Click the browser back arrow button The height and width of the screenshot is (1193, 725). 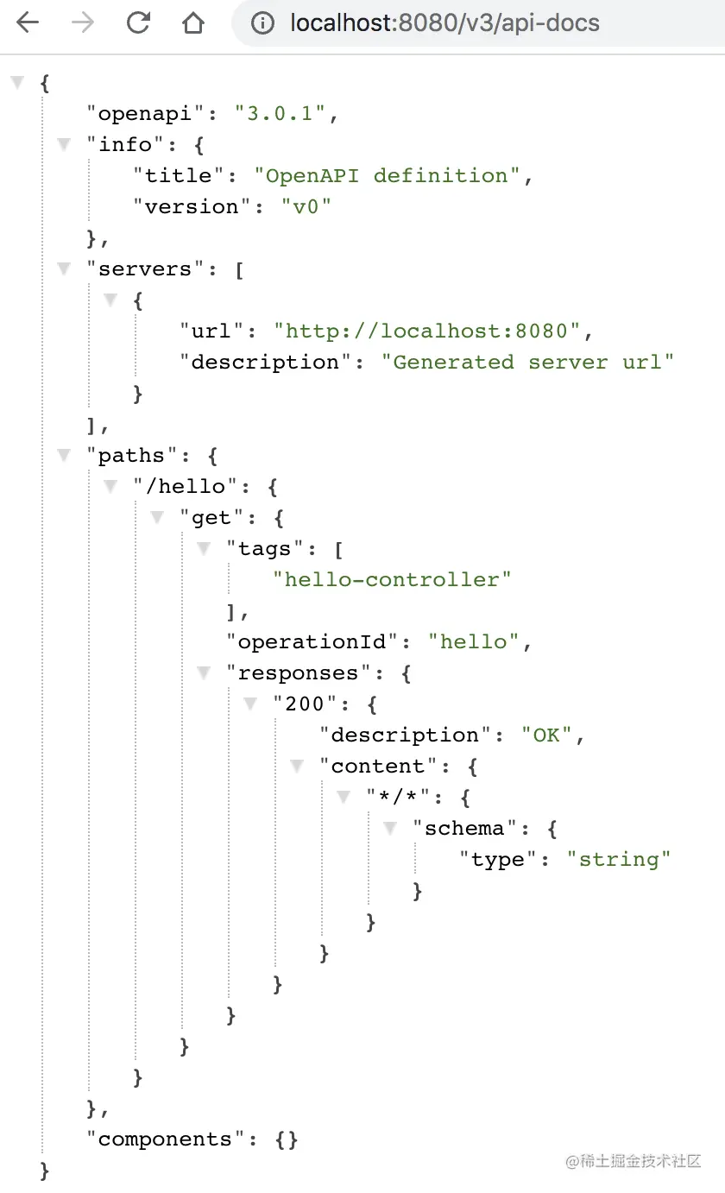(28, 23)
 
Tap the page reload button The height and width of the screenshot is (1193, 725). (138, 23)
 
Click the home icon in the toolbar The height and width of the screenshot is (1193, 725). (192, 23)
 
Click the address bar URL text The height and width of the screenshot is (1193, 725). (444, 23)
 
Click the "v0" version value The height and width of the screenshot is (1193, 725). (306, 206)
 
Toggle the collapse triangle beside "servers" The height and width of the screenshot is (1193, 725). (64, 268)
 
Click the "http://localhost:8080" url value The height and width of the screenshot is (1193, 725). (427, 331)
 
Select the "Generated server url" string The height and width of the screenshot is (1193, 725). (527, 362)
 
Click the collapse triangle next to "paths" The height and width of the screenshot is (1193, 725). (64, 455)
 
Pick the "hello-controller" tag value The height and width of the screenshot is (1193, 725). (392, 579)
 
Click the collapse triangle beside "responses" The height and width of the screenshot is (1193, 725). (204, 672)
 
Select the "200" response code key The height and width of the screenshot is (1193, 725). (305, 704)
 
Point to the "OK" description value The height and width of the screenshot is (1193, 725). (546, 735)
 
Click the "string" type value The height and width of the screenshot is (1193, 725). (619, 859)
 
